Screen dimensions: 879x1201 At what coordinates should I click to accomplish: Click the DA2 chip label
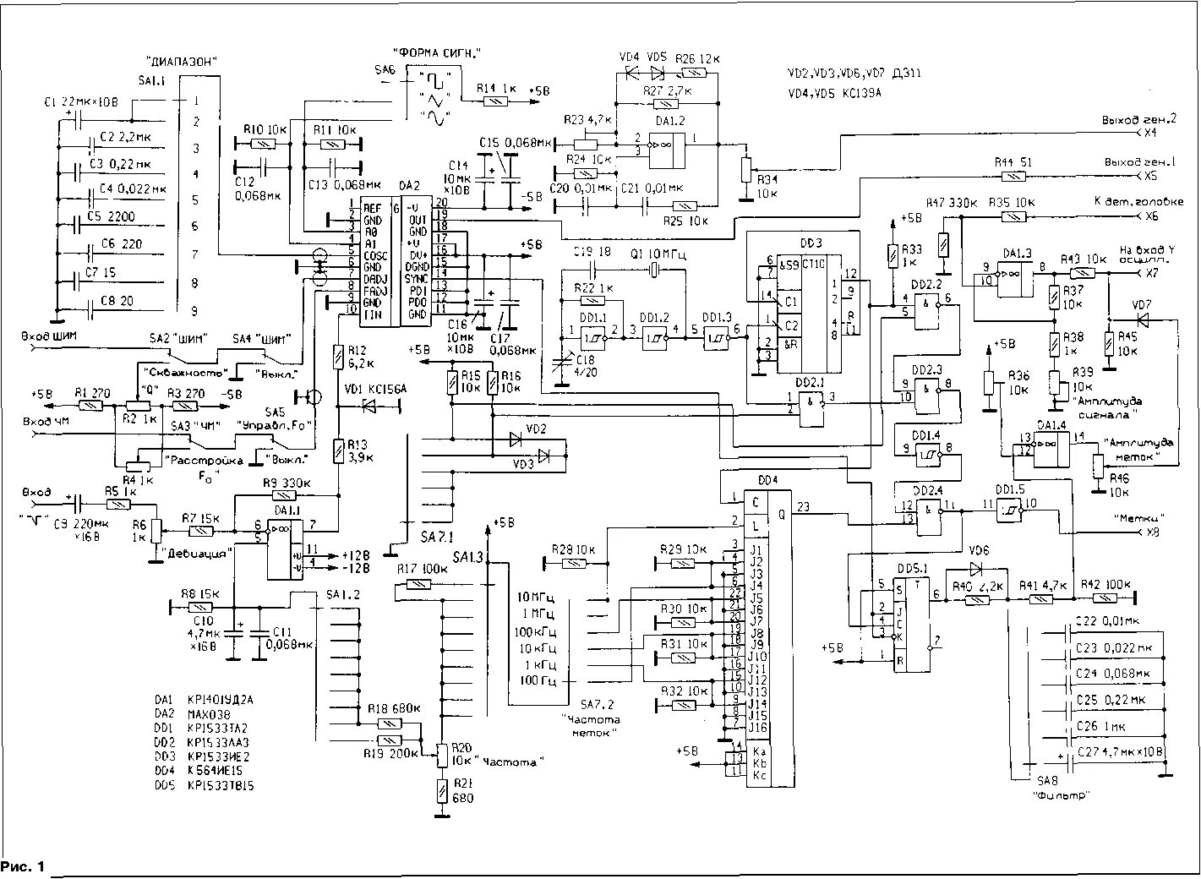point(410,185)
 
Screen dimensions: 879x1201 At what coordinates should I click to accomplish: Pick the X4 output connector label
point(1149,134)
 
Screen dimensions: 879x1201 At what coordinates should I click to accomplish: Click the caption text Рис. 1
point(25,866)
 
